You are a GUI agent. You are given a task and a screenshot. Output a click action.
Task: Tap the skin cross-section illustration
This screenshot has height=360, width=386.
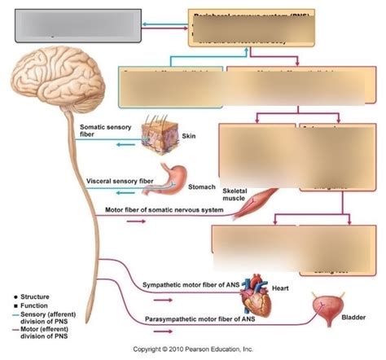point(160,134)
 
